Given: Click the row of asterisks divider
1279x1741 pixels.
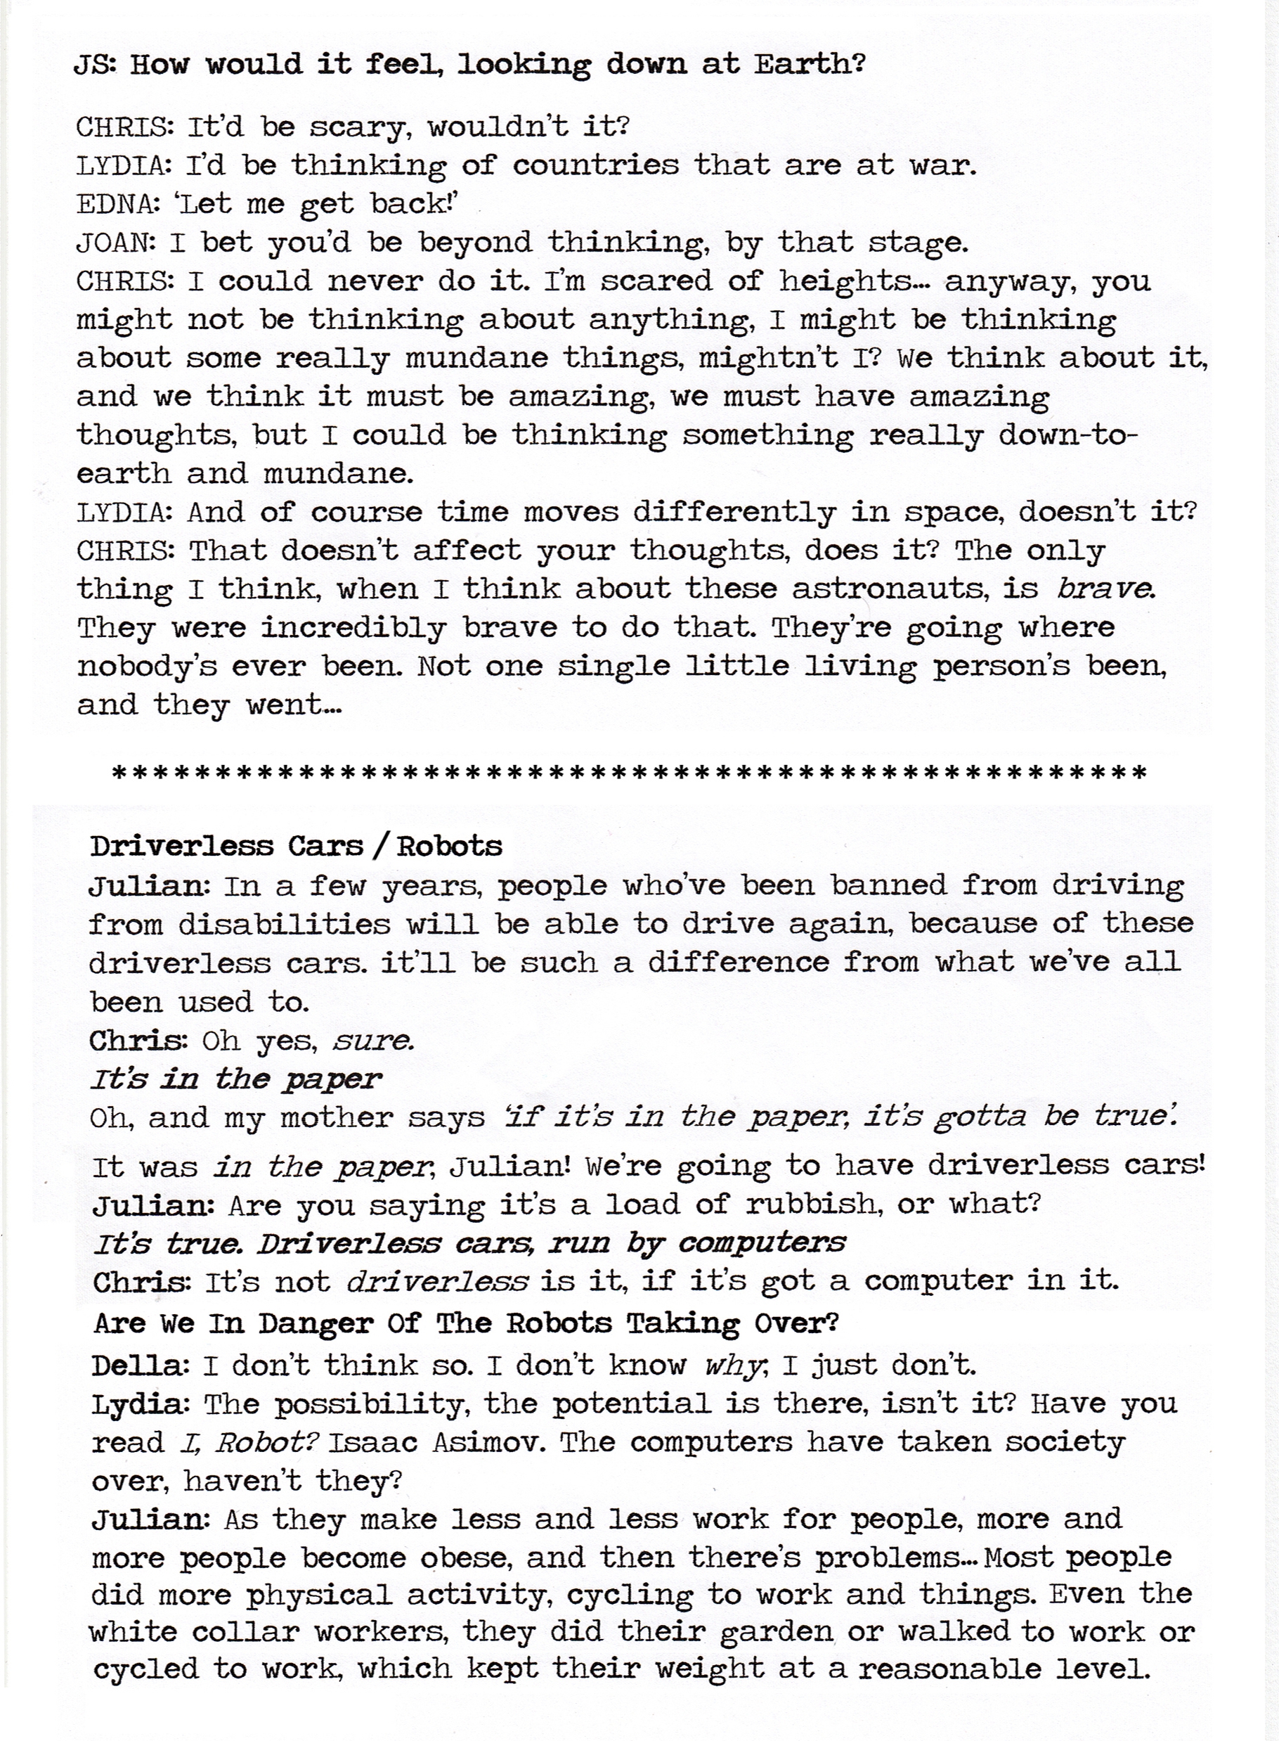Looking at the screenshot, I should tap(629, 772).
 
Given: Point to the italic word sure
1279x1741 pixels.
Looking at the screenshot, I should tap(372, 1040).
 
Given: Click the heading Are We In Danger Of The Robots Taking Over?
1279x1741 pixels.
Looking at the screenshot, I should tap(466, 1323).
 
